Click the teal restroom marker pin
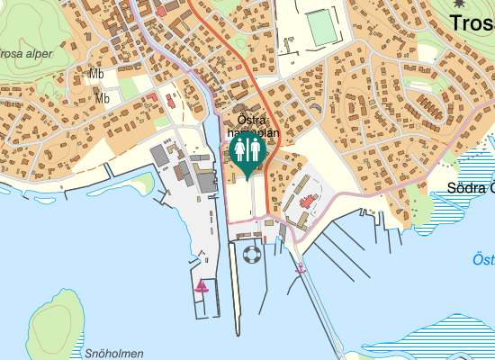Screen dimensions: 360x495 (247, 152)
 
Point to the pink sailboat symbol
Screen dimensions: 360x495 (202, 286)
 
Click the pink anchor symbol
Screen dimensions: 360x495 (301, 268)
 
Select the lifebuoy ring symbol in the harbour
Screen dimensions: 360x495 (251, 255)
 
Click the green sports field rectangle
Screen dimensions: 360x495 (320, 26)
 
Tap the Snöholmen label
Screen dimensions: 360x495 (114, 354)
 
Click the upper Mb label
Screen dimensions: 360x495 (97, 74)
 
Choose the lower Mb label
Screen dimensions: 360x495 (103, 98)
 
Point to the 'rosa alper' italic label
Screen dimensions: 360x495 (27, 54)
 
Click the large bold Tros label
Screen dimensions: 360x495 (472, 24)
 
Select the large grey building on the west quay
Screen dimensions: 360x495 (160, 156)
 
